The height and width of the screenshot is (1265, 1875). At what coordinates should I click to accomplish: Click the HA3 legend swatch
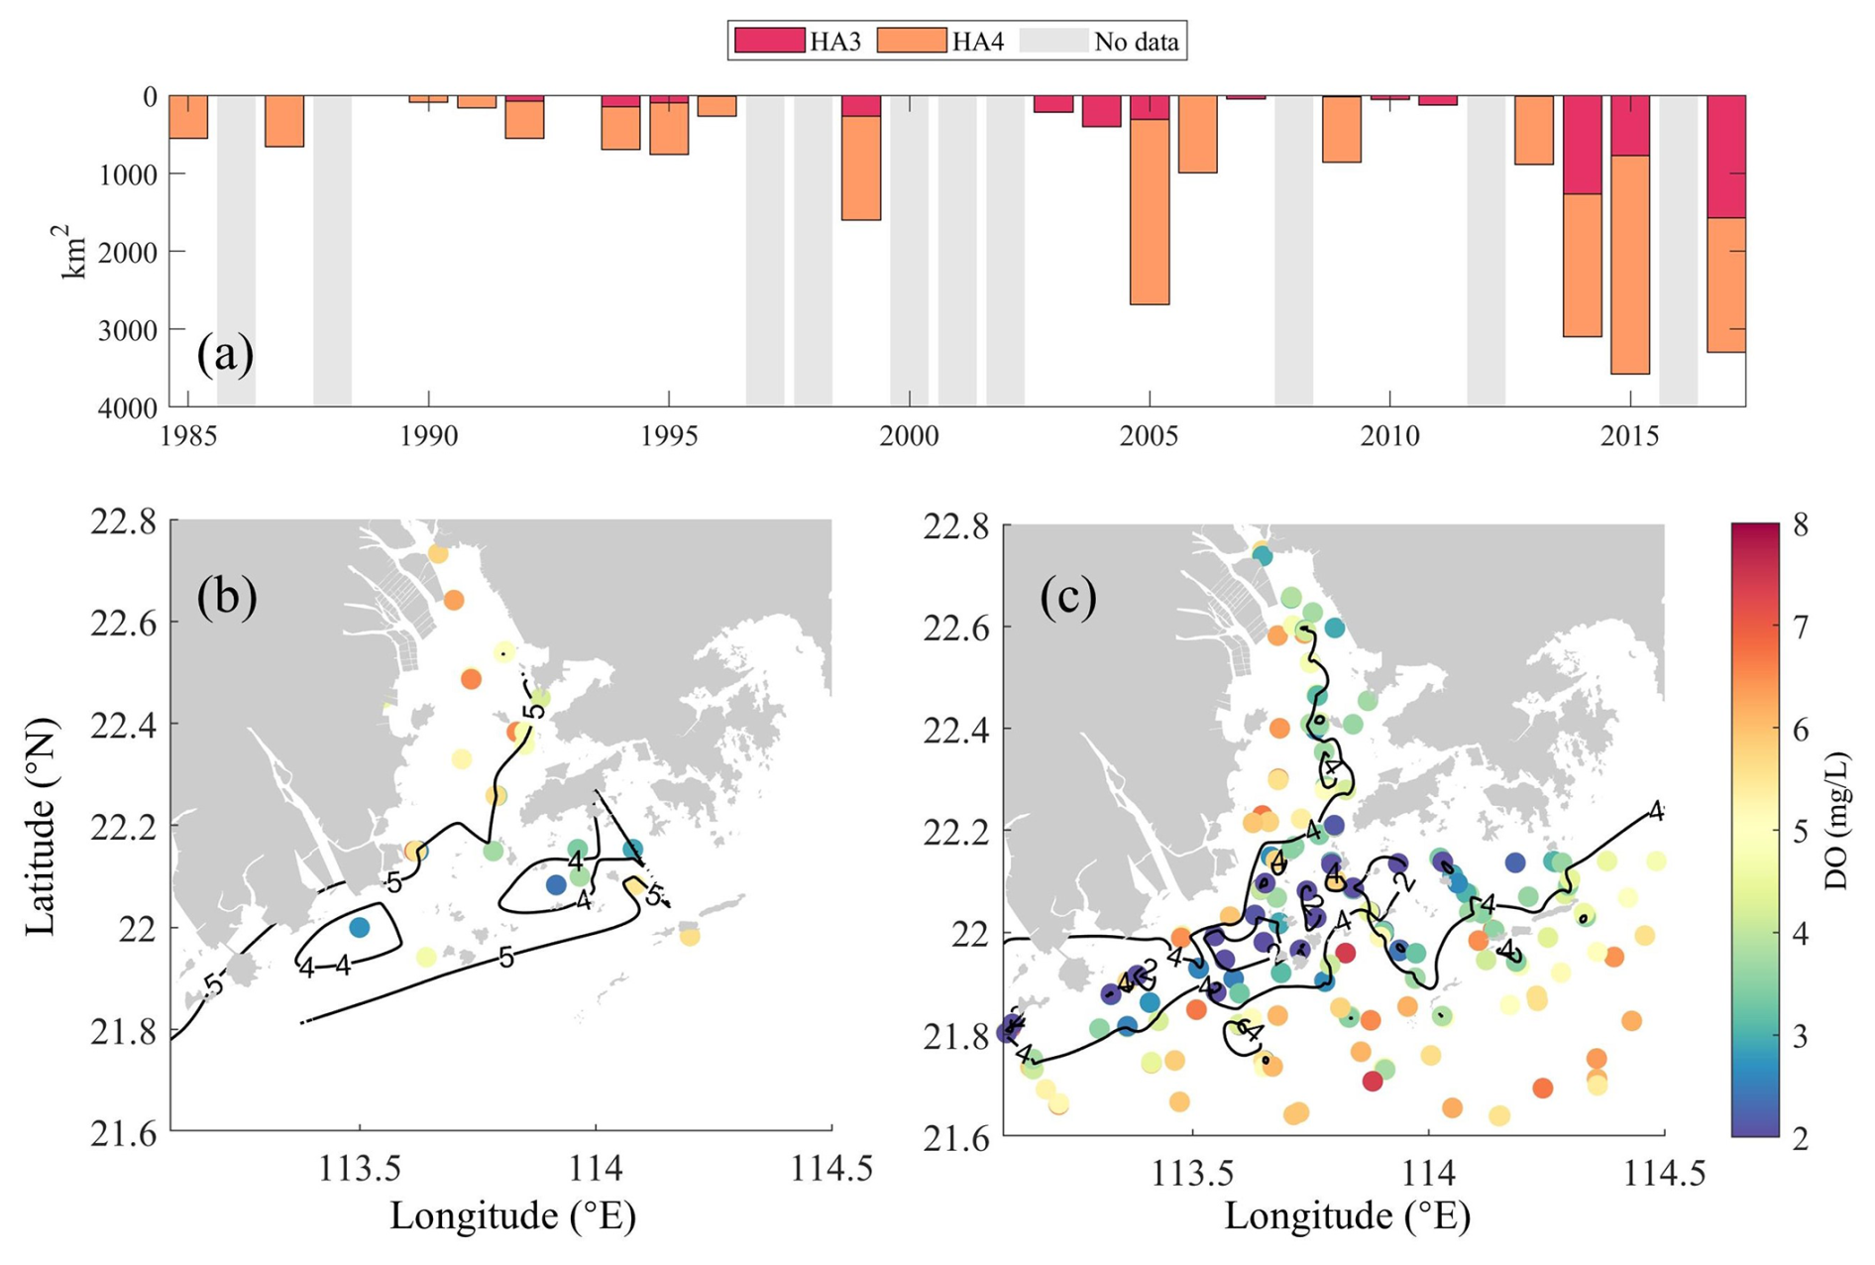(768, 41)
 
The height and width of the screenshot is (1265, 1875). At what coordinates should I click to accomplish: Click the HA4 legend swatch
(911, 41)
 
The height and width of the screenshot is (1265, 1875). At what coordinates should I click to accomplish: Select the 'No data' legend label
(1136, 42)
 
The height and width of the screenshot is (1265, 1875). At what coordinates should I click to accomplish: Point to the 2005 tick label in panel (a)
(1149, 436)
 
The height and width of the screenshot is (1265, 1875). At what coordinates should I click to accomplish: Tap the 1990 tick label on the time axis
(428, 436)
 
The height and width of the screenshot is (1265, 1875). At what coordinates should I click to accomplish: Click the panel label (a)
(225, 354)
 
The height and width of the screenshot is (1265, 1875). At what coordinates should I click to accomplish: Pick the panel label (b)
(227, 596)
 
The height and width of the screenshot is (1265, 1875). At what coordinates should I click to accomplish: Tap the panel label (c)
(1068, 597)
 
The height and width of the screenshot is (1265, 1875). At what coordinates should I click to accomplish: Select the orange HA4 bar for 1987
(284, 121)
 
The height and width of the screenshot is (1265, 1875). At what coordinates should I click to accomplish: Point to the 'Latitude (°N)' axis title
(42, 827)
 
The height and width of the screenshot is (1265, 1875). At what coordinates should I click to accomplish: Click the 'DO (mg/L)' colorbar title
(1836, 822)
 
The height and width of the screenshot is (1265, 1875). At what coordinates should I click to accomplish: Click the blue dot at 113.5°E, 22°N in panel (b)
(360, 927)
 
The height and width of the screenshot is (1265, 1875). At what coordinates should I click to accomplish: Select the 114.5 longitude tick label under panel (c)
(1664, 1174)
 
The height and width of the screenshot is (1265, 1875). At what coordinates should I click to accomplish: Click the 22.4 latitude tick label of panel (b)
(123, 725)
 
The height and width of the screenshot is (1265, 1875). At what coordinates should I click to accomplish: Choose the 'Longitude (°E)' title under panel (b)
(511, 1215)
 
